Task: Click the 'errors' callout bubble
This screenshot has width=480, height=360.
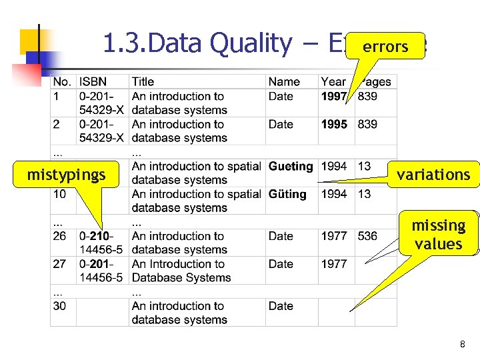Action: [x=385, y=46]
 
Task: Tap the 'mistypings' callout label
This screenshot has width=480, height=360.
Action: [x=66, y=175]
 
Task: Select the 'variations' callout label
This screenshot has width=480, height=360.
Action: [x=433, y=175]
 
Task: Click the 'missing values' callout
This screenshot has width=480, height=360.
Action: [x=438, y=234]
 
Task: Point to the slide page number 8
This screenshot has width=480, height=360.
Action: [x=462, y=344]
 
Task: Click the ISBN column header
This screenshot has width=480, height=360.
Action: [x=93, y=82]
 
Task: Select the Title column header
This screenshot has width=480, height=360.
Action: [x=143, y=82]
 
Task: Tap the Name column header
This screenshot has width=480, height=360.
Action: [x=284, y=82]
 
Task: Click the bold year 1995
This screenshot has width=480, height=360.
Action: [x=334, y=124]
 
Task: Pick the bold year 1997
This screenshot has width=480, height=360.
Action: [x=334, y=96]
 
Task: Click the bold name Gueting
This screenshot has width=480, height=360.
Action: [x=291, y=166]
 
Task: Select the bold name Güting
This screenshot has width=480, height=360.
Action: [x=287, y=194]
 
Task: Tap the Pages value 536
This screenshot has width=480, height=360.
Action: [x=367, y=236]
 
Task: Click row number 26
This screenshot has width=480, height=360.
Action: [x=60, y=236]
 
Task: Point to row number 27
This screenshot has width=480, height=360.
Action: [x=60, y=264]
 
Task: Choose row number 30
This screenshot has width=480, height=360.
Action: [x=60, y=306]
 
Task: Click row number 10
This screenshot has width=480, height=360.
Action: [x=60, y=194]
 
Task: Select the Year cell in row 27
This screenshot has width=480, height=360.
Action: [x=334, y=264]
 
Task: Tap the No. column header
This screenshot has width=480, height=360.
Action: [x=62, y=82]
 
